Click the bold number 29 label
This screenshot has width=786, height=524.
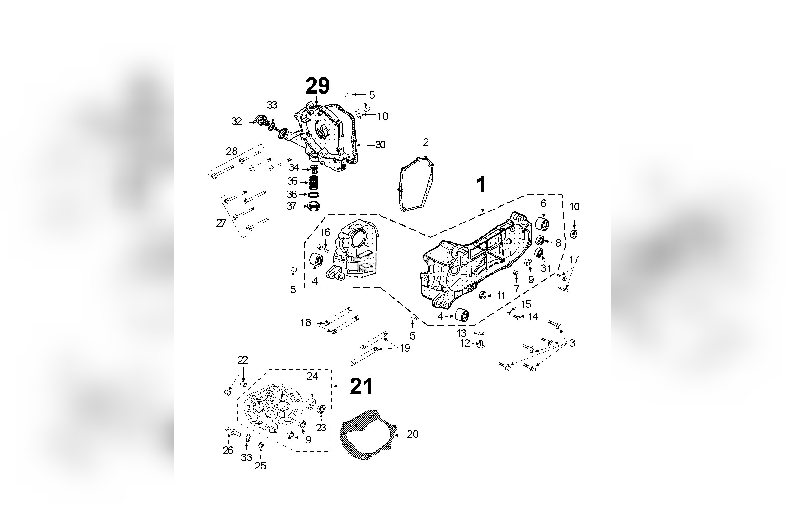pos(317,86)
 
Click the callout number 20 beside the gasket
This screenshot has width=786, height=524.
pos(413,434)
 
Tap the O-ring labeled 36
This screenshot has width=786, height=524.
pos(313,195)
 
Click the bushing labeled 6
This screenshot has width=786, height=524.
pos(543,223)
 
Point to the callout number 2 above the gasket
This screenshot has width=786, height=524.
pos(426,142)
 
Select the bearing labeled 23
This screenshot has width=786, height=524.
pos(321,409)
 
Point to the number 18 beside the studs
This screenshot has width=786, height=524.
pos(305,322)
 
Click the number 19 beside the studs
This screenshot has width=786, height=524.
pos(405,348)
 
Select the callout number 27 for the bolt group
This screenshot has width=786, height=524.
pos(221,223)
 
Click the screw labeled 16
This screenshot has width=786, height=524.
pos(323,248)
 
